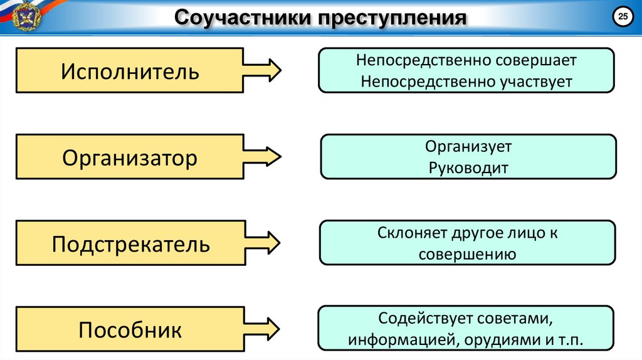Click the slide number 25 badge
pos(623,17)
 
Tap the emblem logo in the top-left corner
pos(25,16)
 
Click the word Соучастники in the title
pos(239,18)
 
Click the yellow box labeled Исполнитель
pos(130,71)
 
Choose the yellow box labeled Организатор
pos(130,157)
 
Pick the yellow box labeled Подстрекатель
pos(130,243)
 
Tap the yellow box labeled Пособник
pos(130,329)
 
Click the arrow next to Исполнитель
pos(263,71)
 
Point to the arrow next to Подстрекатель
pos(263,243)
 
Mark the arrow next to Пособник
pos(263,329)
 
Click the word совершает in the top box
pos(535,61)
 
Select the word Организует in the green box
pos(468,147)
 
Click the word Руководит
pos(468,167)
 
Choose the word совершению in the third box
pos(467,254)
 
